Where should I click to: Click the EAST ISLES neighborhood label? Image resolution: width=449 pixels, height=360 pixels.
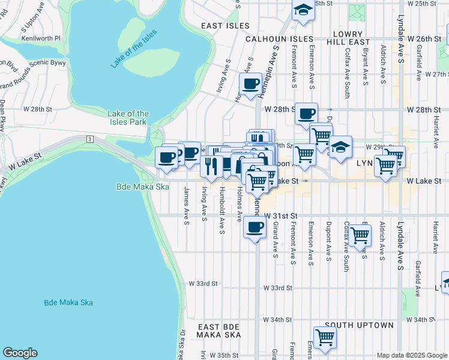pyautogui.click(x=225, y=26)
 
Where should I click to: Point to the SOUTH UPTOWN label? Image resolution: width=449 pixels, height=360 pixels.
pyautogui.click(x=359, y=325)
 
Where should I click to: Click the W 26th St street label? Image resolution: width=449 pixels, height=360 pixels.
pyautogui.click(x=424, y=38)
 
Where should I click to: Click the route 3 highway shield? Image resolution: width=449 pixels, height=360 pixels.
pyautogui.click(x=90, y=139)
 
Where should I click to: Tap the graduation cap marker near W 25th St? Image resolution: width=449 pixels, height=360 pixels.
pyautogui.click(x=303, y=10)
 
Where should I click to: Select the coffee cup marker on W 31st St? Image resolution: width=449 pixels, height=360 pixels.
pyautogui.click(x=255, y=227)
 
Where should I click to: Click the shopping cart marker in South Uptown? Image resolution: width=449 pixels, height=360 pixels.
pyautogui.click(x=325, y=337)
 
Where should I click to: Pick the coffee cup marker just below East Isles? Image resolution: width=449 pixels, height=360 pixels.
pyautogui.click(x=250, y=83)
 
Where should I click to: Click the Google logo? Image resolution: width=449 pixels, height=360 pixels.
pyautogui.click(x=20, y=353)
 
